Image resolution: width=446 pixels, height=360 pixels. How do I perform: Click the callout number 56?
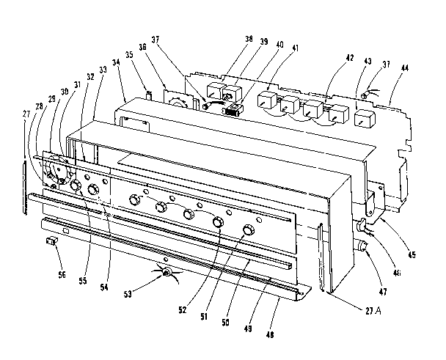tap(62, 275)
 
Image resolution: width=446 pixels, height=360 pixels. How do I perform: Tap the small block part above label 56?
tap(52, 240)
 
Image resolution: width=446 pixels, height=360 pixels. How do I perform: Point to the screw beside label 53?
tap(168, 273)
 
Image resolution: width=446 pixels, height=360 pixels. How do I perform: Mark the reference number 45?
tap(412, 255)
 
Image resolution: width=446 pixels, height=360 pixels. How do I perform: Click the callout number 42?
tap(329, 56)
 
